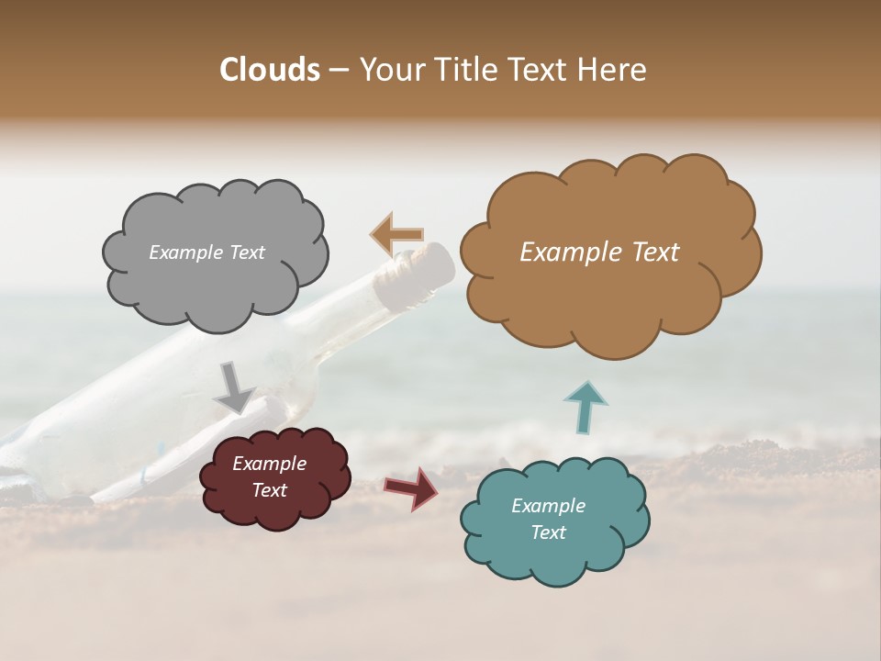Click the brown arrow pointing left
(x=396, y=235)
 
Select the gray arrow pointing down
(x=233, y=387)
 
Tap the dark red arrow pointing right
(x=411, y=487)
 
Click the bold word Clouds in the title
(x=269, y=70)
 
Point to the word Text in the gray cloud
(x=246, y=252)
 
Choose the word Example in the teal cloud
(x=548, y=506)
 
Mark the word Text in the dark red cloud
(x=269, y=490)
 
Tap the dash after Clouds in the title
(x=338, y=70)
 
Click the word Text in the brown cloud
(x=653, y=252)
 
